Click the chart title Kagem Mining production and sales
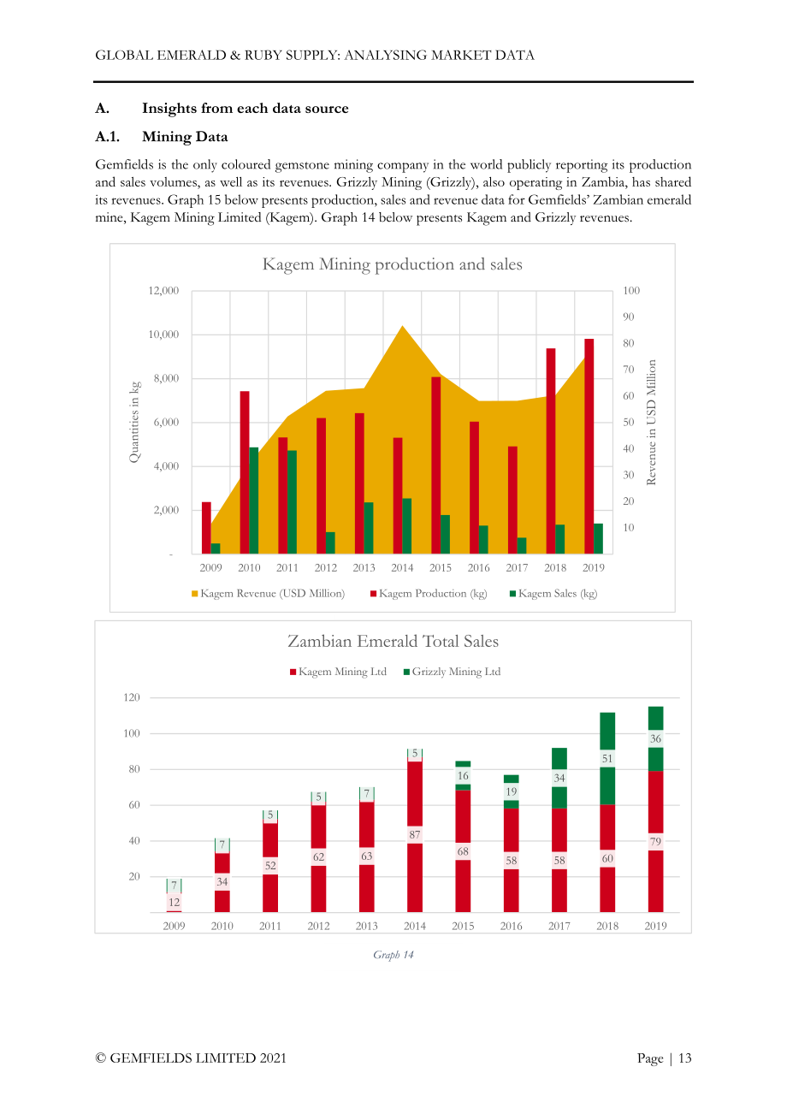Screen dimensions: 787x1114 coord(393,264)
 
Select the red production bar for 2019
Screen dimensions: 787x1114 coord(589,446)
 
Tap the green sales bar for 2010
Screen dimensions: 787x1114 coord(253,501)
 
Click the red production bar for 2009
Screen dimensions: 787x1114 coord(206,528)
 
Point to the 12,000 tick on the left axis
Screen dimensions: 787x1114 coord(163,290)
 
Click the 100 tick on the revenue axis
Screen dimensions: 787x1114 coord(631,290)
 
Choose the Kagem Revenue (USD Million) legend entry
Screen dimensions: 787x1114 coord(268,593)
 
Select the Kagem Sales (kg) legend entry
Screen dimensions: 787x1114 coord(553,593)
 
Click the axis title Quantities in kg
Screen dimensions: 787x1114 coord(134,422)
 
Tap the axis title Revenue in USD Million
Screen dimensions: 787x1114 coord(651,422)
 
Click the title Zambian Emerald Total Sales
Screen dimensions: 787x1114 coord(393,641)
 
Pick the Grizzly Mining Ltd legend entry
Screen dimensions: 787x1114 coord(452,672)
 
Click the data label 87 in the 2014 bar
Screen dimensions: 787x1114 coord(415,834)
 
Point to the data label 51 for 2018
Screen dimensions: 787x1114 coord(607,758)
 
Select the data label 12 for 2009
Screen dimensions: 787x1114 coord(174,902)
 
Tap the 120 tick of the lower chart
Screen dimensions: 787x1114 coord(132,697)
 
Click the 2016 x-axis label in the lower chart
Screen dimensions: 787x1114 coord(511,926)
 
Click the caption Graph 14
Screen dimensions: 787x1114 coord(393,954)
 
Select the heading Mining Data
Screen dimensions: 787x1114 coord(185,137)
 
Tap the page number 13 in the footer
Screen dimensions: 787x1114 coord(684,1058)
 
